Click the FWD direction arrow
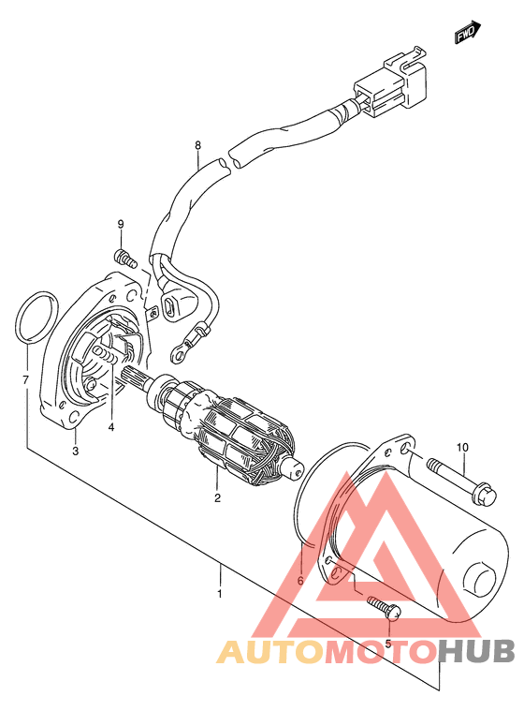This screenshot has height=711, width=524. pyautogui.click(x=467, y=32)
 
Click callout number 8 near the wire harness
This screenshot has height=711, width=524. pyautogui.click(x=197, y=145)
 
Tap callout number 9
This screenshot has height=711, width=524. pyautogui.click(x=121, y=224)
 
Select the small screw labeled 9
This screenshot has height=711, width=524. pyautogui.click(x=125, y=258)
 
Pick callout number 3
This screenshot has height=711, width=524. pyautogui.click(x=76, y=451)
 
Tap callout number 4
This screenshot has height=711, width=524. pyautogui.click(x=111, y=426)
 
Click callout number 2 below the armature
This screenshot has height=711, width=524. pyautogui.click(x=217, y=497)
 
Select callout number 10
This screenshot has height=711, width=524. pyautogui.click(x=462, y=448)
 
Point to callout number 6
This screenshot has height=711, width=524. pyautogui.click(x=299, y=581)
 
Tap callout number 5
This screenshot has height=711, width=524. pyautogui.click(x=387, y=644)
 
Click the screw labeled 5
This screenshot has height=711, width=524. pyautogui.click(x=383, y=608)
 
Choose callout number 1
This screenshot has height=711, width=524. pyautogui.click(x=220, y=594)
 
